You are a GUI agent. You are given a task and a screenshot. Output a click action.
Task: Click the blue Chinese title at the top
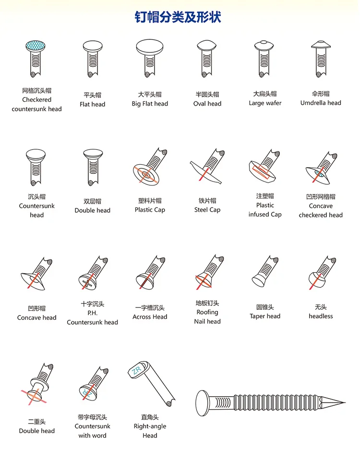pyautogui.click(x=178, y=18)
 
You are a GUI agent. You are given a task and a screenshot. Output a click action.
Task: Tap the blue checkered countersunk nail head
pyautogui.click(x=37, y=46)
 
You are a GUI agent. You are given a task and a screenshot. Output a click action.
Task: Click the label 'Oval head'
pyautogui.click(x=207, y=104)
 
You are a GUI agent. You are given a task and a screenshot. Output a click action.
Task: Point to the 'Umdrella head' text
pyautogui.click(x=321, y=103)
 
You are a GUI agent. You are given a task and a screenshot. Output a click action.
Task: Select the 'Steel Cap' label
pyautogui.click(x=207, y=210)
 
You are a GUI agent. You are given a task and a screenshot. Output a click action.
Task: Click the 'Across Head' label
pyautogui.click(x=150, y=317)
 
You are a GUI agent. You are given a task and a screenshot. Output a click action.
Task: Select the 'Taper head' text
pyautogui.click(x=265, y=316)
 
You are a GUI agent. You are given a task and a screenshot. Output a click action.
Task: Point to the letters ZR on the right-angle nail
pyautogui.click(x=135, y=370)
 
